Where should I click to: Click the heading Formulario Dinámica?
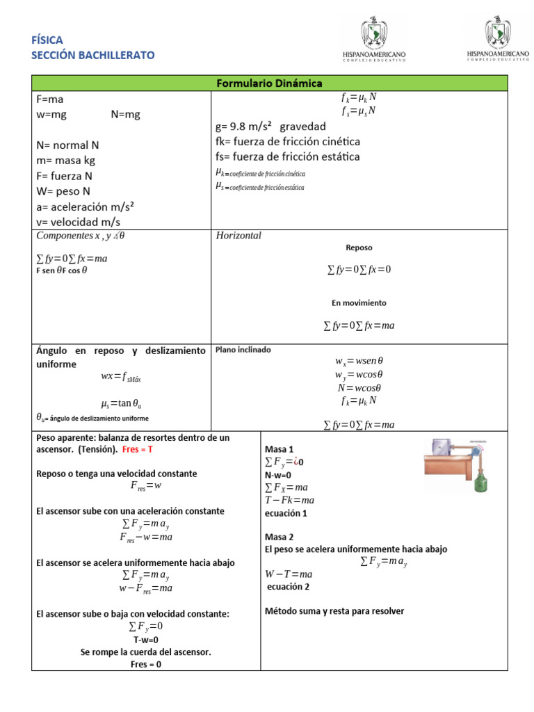[269, 83]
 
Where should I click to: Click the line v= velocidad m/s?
[78, 222]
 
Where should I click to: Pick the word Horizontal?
[238, 236]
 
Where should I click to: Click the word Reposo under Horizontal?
[359, 248]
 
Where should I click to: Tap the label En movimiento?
[359, 303]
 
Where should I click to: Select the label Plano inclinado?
[243, 350]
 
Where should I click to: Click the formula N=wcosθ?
[359, 388]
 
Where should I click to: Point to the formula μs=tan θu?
[122, 403]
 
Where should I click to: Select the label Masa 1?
[280, 449]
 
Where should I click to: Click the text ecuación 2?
[289, 586]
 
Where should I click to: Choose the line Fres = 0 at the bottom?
[145, 664]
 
